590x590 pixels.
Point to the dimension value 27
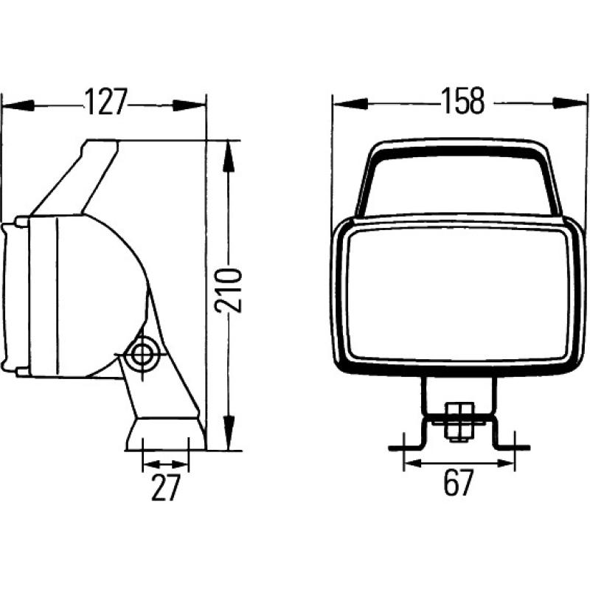pyautogui.click(x=165, y=488)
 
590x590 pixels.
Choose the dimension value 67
pyautogui.click(x=459, y=485)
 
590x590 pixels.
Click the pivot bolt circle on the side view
pyautogui.click(x=139, y=355)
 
